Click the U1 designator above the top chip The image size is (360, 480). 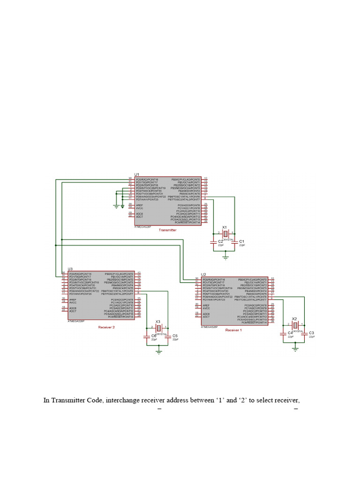point(137,174)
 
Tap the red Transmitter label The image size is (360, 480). point(168,230)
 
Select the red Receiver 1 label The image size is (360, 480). point(233,330)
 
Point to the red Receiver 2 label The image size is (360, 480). point(106,327)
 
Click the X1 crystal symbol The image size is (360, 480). point(225,233)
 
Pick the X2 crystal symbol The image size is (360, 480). point(295,325)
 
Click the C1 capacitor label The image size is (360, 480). point(242,241)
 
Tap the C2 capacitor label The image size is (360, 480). point(220,241)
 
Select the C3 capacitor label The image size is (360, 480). point(312,333)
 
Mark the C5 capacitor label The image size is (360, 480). point(175,336)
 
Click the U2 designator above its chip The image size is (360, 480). point(203,274)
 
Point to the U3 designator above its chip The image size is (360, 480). point(70,269)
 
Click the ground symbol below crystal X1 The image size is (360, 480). point(225,257)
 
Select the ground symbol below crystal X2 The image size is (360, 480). point(295,348)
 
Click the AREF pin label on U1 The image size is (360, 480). point(139,205)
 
